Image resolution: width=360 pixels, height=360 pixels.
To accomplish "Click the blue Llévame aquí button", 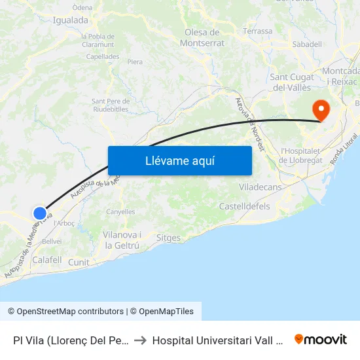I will (x=179, y=160).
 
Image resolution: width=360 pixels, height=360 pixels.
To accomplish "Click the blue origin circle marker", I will (x=40, y=213).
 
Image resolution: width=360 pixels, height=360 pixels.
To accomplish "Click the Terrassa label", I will (x=257, y=31).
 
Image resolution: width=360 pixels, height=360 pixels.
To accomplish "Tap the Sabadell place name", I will (x=308, y=44).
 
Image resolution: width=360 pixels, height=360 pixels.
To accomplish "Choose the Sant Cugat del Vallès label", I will (x=291, y=82).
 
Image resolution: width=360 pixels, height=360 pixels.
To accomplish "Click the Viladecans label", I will (x=260, y=187).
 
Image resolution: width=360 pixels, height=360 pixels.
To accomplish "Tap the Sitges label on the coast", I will (x=169, y=238).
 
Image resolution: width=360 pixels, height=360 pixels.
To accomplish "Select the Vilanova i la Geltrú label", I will (x=122, y=240).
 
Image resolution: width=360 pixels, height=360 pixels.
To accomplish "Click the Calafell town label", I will (x=47, y=260).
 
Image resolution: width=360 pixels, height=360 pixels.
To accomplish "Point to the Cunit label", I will (x=79, y=262).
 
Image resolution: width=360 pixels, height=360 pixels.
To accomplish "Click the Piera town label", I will (x=135, y=62).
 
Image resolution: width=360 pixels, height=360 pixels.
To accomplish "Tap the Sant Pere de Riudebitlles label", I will (x=111, y=105).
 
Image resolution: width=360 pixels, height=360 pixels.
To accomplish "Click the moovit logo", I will (x=320, y=339).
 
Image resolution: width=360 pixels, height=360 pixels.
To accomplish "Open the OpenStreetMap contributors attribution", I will (x=65, y=312).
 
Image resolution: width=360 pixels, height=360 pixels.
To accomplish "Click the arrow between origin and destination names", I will (x=141, y=340).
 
